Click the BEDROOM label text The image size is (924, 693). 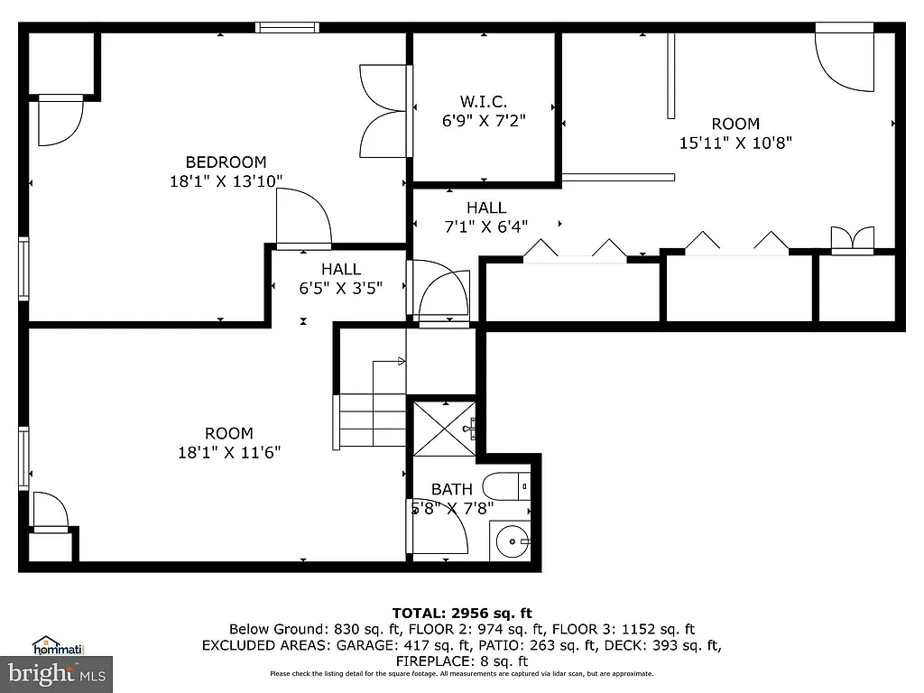[x=226, y=162]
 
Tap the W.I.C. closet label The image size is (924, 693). [x=483, y=101]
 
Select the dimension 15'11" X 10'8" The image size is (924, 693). [x=735, y=143]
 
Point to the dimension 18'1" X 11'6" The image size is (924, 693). [x=229, y=452]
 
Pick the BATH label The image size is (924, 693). [x=451, y=489]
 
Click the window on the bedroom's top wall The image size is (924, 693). [x=287, y=28]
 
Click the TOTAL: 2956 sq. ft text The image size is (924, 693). [x=461, y=614]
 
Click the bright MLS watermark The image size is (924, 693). [x=56, y=673]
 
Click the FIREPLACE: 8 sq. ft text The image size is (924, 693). [x=461, y=661]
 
